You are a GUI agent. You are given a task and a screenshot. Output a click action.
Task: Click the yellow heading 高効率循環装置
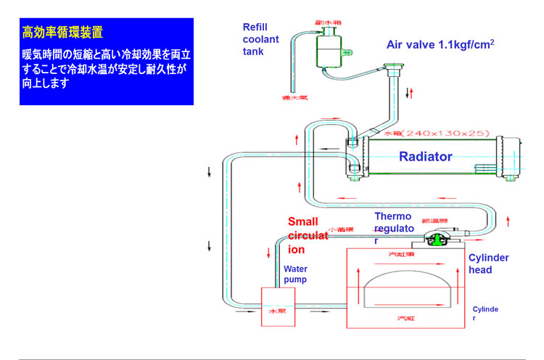(62, 32)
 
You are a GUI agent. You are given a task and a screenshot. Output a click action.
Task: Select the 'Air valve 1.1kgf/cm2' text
(440, 45)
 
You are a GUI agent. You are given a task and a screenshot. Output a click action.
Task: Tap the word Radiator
(426, 156)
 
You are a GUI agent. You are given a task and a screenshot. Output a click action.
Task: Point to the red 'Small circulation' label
(308, 236)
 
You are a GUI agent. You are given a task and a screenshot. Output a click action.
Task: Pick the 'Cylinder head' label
(488, 264)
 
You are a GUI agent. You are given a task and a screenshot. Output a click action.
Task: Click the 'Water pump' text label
(295, 274)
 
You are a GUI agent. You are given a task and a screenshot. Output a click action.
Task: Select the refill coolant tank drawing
(330, 48)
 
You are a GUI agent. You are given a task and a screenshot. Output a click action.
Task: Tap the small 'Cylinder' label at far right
(485, 314)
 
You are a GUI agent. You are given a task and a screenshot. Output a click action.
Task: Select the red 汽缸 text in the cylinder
(404, 318)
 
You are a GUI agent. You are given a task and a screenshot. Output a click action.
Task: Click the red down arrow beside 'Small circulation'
(270, 255)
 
